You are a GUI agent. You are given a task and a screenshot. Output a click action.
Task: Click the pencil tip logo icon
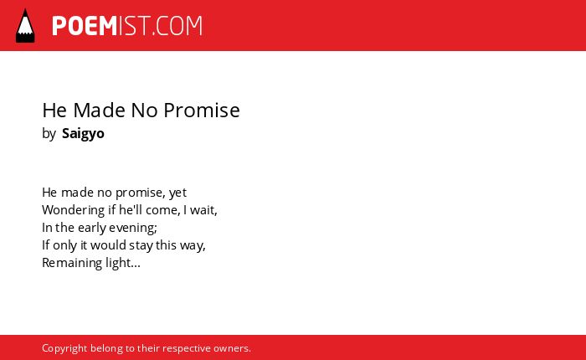(x=25, y=25)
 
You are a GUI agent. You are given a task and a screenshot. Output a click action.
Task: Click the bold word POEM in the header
(x=85, y=26)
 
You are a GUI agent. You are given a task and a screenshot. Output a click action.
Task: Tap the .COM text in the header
(x=177, y=26)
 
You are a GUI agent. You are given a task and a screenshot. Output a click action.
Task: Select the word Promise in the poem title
(x=202, y=111)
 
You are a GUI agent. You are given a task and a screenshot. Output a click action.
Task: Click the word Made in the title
(x=99, y=111)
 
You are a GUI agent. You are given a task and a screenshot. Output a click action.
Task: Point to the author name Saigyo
(x=83, y=134)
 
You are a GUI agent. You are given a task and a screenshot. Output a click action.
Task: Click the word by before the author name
(x=49, y=134)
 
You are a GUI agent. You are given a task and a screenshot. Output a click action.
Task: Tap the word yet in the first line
(x=177, y=193)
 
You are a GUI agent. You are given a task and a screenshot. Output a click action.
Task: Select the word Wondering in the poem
(x=74, y=210)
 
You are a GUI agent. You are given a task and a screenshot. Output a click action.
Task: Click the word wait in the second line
(x=203, y=210)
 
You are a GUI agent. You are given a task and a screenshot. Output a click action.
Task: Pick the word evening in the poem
(x=132, y=228)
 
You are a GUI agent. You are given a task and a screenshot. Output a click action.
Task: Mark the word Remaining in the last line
(x=72, y=263)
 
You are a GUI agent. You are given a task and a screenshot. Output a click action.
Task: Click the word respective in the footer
(x=187, y=348)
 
